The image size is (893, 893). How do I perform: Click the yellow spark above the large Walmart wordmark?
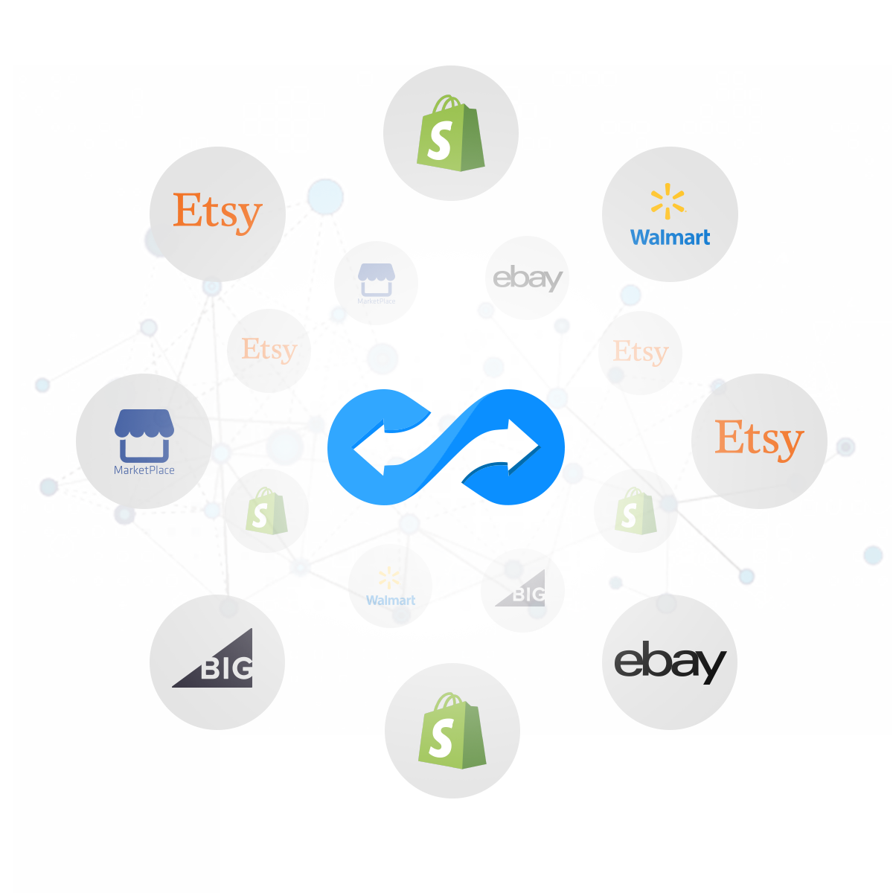(668, 201)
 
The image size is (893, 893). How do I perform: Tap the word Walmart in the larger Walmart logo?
(670, 237)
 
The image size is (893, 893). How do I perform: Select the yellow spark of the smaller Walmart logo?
(388, 578)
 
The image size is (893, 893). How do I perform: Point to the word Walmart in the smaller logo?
(391, 600)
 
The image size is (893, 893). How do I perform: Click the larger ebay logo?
(669, 662)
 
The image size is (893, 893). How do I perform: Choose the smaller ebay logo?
(527, 278)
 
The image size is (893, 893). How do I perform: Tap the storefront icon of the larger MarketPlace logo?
(144, 435)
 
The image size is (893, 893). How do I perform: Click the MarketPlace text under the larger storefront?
(144, 470)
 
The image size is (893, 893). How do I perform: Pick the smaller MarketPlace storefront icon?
(377, 279)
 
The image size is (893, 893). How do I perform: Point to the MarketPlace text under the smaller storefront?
(377, 301)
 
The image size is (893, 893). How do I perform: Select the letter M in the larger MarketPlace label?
(118, 470)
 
